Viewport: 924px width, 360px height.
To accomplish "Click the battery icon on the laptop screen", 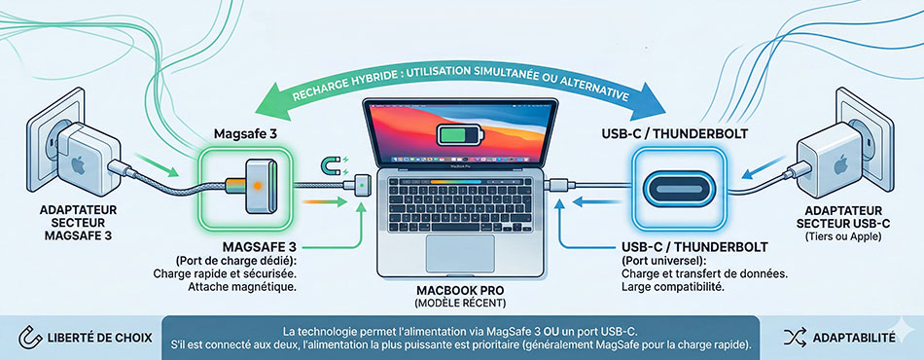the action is [460, 135].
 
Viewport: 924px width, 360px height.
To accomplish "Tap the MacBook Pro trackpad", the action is [460, 253].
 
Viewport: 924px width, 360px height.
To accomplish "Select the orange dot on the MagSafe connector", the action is [257, 185].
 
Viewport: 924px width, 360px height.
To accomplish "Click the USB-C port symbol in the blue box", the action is [677, 188].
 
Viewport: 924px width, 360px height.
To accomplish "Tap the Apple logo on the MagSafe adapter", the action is [77, 165].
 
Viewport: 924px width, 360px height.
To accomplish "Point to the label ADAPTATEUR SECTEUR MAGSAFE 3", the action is [78, 224].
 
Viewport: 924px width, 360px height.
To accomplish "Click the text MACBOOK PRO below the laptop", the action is [460, 291].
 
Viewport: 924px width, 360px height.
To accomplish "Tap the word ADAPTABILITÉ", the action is [854, 338].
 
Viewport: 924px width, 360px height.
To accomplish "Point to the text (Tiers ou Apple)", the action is [843, 236].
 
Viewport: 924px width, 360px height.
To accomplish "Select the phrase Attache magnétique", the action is [241, 288].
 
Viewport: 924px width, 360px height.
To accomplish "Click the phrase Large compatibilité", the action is [672, 288].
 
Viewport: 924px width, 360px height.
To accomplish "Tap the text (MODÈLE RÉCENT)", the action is [460, 304].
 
